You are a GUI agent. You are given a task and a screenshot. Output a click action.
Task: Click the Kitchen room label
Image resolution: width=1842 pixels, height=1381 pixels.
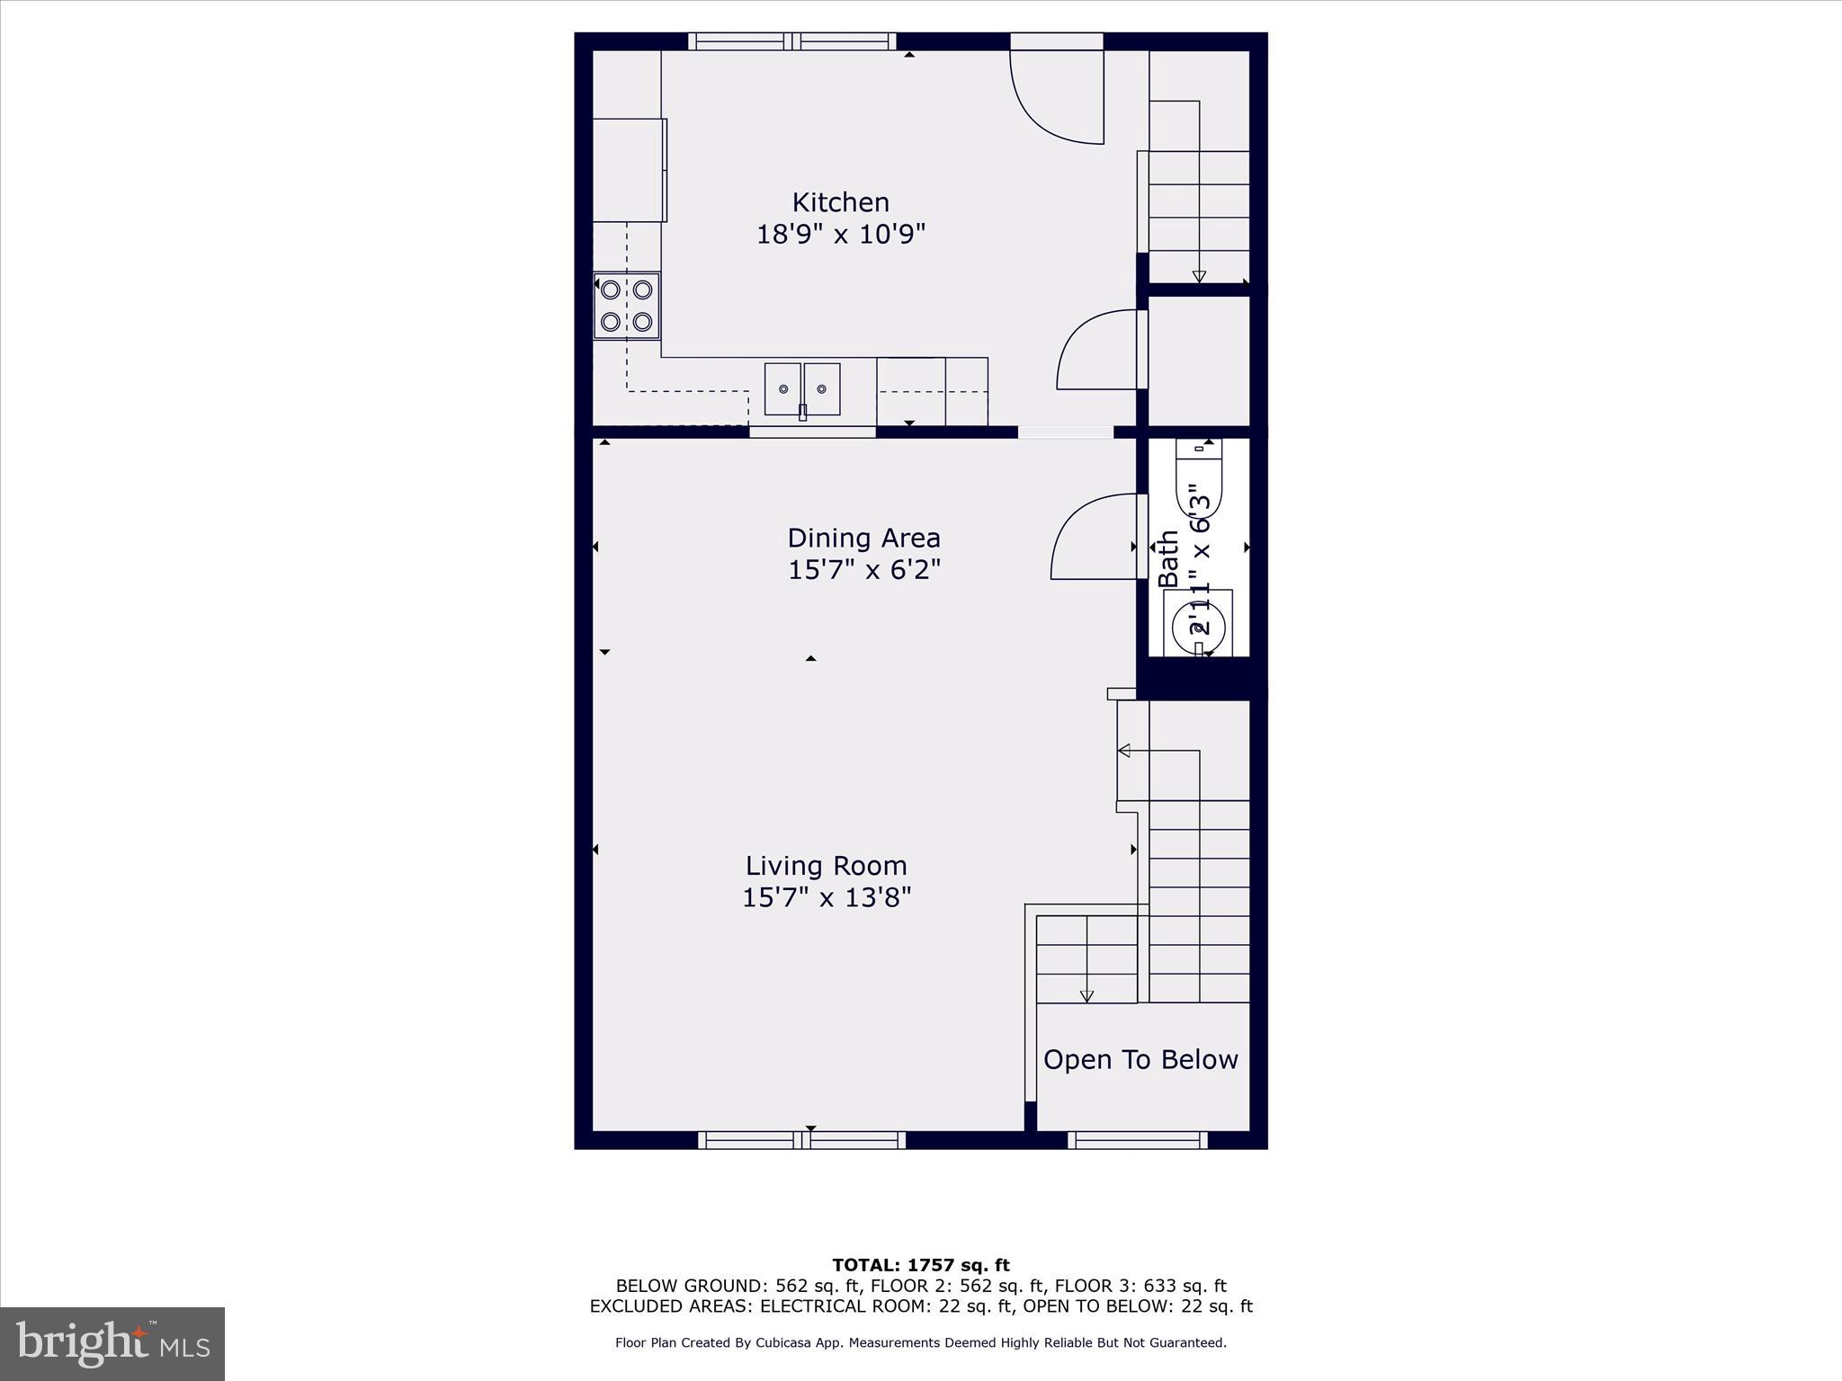[x=840, y=202]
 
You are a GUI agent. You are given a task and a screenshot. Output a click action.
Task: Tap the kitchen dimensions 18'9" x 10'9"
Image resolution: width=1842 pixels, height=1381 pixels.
[x=840, y=235]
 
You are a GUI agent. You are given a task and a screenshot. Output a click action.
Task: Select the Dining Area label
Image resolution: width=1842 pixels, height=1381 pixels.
[x=863, y=539]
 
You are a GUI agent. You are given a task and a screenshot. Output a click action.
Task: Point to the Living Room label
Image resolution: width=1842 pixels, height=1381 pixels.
[x=826, y=866]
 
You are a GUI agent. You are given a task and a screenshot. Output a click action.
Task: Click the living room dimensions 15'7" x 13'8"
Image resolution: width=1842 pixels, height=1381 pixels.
[x=826, y=897]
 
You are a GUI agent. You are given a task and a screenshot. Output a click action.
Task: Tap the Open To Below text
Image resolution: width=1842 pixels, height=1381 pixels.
[x=1140, y=1060]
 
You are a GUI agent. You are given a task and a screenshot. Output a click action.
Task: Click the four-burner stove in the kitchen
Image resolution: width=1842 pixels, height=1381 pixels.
[x=627, y=306]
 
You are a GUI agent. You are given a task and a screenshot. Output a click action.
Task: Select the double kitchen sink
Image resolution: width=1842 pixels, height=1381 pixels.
[x=802, y=389]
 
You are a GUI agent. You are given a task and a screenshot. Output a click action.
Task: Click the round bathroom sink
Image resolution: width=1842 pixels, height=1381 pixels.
[x=1198, y=622]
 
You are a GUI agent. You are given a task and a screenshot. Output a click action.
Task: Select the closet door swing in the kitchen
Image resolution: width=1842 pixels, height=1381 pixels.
[x=1095, y=350]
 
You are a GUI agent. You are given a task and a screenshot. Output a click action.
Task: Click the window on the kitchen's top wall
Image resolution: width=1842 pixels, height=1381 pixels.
[x=792, y=41]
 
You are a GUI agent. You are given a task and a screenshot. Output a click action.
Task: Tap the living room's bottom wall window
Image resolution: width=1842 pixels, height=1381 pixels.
[x=801, y=1140]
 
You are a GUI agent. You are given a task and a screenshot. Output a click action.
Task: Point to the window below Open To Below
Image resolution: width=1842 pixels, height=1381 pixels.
[x=1138, y=1140]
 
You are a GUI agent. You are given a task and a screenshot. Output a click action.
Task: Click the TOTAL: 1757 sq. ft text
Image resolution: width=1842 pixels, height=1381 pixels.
[x=920, y=1266]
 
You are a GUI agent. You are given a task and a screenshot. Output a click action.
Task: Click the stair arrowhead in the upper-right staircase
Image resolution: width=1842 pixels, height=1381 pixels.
[x=1199, y=277]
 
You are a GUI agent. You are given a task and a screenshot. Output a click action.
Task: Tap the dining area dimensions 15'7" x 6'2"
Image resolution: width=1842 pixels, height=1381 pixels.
[x=863, y=570]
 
